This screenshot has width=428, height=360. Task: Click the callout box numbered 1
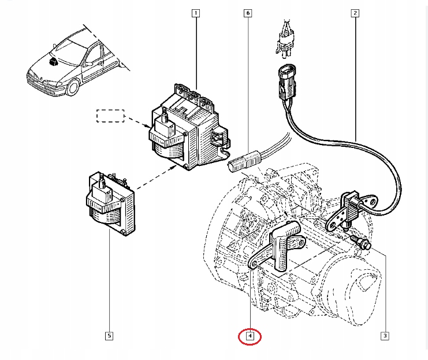[x=196, y=13]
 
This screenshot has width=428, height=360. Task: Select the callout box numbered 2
[x=354, y=13]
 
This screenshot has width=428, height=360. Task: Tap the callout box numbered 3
[x=384, y=335]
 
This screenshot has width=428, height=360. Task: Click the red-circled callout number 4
[x=250, y=335]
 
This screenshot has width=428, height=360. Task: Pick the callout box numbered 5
[x=109, y=335]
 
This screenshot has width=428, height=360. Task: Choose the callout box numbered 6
[x=248, y=13]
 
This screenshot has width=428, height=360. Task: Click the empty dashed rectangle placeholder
[x=110, y=116]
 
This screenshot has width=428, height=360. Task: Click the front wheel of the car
[x=73, y=88]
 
